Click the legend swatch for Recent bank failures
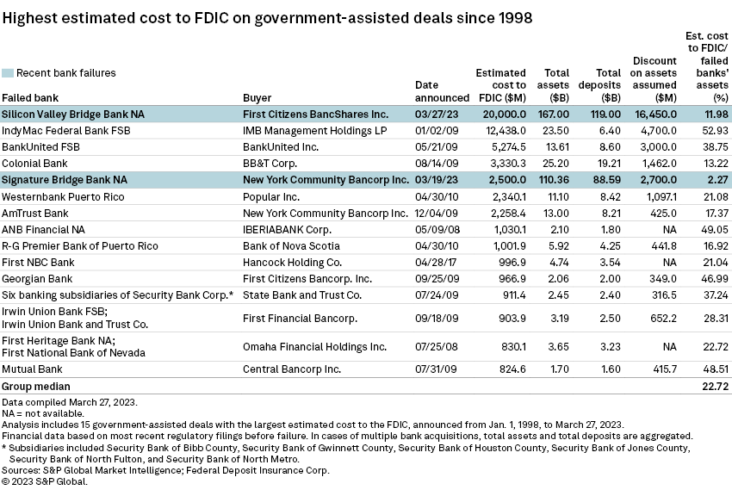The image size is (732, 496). (x=8, y=73)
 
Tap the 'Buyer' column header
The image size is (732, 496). (x=257, y=97)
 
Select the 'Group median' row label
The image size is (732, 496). (x=36, y=387)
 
